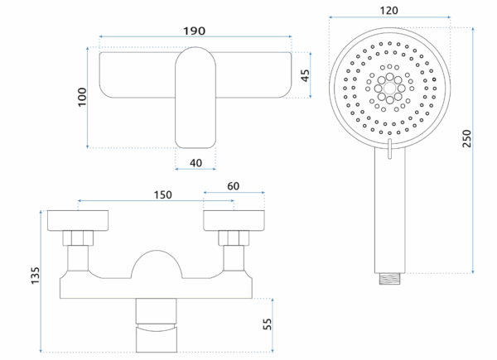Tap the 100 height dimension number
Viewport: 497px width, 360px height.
click(80, 97)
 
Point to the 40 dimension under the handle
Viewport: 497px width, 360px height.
click(195, 162)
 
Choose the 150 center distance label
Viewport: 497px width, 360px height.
click(162, 194)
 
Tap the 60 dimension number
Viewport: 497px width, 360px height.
click(234, 187)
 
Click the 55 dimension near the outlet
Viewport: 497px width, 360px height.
click(267, 322)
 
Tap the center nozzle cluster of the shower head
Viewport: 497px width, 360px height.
click(388, 85)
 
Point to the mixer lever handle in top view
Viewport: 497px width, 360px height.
click(195, 94)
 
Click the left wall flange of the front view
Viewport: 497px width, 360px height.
click(79, 220)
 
